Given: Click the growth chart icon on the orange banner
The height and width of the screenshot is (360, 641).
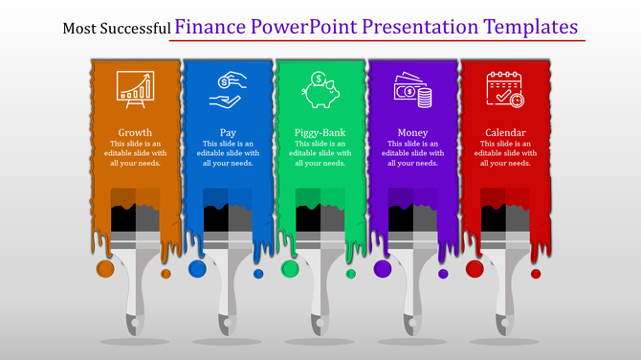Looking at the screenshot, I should tap(135, 89).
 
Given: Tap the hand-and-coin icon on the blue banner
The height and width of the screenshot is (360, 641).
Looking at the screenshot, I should tap(228, 89).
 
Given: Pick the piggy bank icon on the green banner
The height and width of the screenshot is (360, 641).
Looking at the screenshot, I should tap(320, 89).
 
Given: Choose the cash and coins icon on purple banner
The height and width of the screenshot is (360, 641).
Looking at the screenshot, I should tap(413, 89).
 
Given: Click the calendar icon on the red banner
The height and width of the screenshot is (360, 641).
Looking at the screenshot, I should tap(505, 89).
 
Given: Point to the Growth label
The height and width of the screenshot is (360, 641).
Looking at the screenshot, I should tap(135, 132).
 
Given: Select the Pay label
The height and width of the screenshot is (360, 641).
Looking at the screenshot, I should tap(228, 132).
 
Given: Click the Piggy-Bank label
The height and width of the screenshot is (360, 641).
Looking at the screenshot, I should tap(320, 132).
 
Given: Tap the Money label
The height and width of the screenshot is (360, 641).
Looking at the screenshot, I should tap(413, 132).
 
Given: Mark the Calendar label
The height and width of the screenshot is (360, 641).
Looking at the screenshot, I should tap(505, 132).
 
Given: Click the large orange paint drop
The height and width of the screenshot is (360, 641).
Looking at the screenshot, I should tap(105, 269).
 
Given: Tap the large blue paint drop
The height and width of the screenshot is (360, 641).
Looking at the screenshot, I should tap(197, 269).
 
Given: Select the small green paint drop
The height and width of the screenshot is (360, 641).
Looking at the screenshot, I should tap(350, 274).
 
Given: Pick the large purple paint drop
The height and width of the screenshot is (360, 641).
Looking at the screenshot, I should tap(383, 269).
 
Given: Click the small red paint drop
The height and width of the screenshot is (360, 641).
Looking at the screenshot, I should tap(536, 274).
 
